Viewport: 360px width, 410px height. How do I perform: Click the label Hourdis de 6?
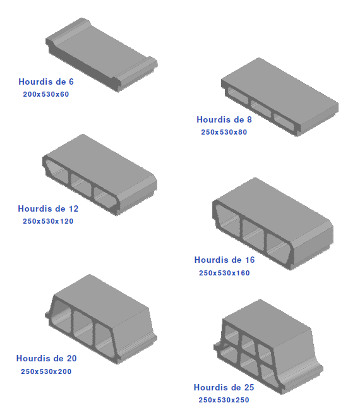[x=46, y=81]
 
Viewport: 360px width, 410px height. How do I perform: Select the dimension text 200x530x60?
[x=45, y=94]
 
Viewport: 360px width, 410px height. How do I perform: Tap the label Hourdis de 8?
[x=224, y=119]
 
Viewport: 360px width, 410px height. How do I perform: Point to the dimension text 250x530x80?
[x=224, y=132]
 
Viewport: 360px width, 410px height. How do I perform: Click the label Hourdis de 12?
[x=48, y=208]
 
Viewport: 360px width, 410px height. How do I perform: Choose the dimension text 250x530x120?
[x=48, y=221]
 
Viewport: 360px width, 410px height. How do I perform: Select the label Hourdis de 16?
[x=224, y=260]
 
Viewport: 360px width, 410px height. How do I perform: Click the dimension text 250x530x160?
[x=224, y=273]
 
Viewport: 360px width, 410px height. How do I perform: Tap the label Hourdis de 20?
[x=47, y=358]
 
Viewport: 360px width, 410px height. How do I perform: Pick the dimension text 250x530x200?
[x=46, y=371]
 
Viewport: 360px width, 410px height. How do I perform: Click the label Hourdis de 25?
[x=224, y=387]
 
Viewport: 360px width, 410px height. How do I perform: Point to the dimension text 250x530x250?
[x=224, y=400]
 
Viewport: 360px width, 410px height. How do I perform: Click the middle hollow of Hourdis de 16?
[x=253, y=233]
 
